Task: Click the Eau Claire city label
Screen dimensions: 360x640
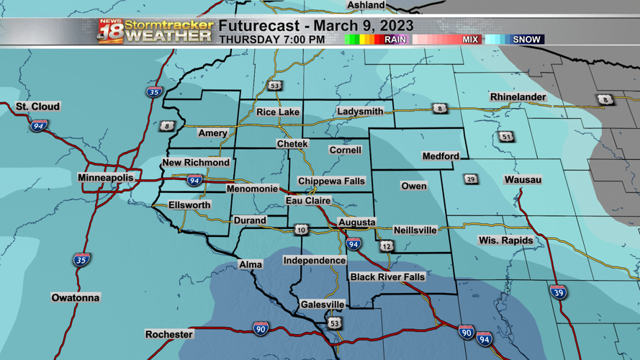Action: tap(308, 201)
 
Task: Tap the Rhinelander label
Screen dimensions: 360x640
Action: tap(518, 97)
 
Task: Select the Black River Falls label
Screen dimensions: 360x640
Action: tap(387, 277)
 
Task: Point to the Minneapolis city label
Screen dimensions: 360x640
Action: tap(106, 177)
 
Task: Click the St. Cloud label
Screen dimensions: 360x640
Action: tap(38, 107)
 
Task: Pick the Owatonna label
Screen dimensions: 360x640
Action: tap(76, 297)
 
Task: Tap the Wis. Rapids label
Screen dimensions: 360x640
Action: tap(506, 240)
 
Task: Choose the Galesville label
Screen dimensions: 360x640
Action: tap(323, 305)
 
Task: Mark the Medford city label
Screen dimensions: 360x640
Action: tap(441, 156)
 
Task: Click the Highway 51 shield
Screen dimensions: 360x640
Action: tap(507, 137)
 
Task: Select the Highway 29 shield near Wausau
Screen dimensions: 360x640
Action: tap(471, 179)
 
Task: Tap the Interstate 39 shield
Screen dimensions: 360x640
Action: tap(558, 292)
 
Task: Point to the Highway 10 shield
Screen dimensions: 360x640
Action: tap(301, 230)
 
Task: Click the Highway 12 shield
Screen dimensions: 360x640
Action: tap(387, 246)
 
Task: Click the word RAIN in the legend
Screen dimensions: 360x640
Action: tap(395, 40)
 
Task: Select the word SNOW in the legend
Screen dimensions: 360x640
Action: tap(526, 40)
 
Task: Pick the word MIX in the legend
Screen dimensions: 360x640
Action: tap(470, 40)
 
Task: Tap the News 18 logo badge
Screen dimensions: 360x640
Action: tap(110, 31)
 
